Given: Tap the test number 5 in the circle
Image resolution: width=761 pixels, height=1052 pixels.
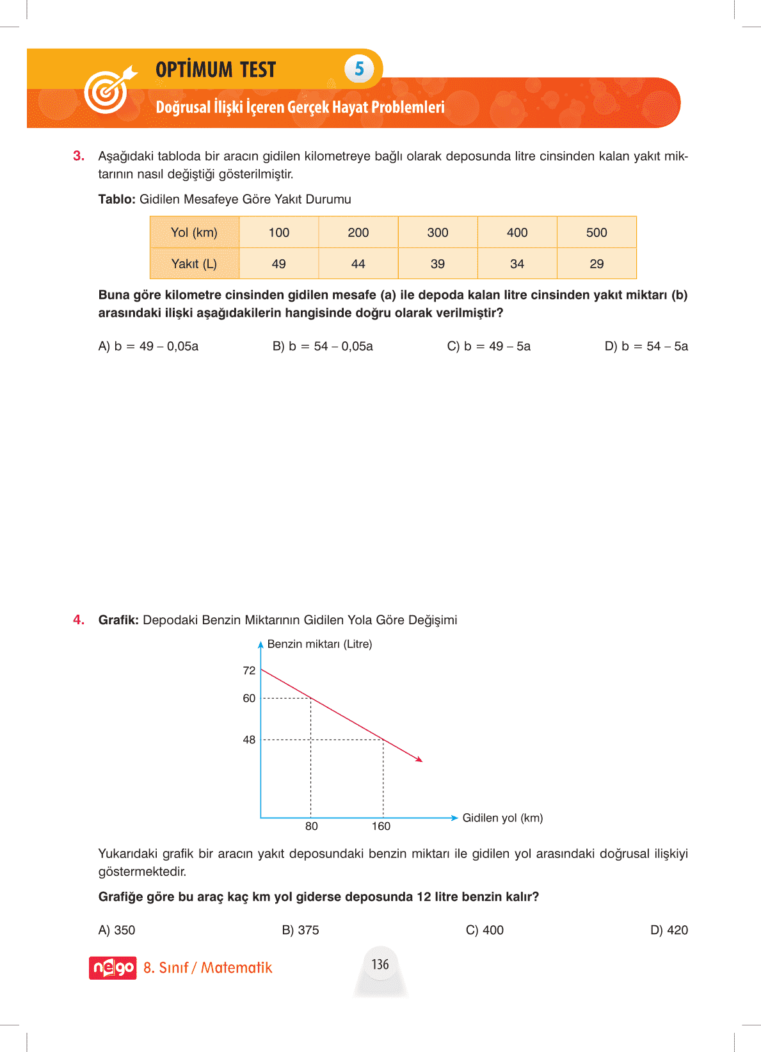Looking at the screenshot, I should (x=359, y=69).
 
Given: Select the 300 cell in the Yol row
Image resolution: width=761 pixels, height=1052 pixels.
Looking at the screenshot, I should (x=438, y=232).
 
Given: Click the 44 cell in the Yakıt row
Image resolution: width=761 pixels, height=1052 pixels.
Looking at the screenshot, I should (x=358, y=264).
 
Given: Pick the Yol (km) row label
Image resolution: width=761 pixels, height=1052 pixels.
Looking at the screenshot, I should (x=194, y=232).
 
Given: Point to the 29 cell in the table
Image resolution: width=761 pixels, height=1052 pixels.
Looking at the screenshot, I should (x=597, y=264).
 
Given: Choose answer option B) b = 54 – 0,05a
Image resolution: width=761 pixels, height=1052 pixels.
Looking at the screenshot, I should (x=323, y=346).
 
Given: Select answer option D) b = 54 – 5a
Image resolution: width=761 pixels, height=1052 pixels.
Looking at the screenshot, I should (x=646, y=346).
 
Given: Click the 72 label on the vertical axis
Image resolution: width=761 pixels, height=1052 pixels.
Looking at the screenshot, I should (x=249, y=670).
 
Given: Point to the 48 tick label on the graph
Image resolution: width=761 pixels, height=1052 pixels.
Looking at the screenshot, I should (x=249, y=740).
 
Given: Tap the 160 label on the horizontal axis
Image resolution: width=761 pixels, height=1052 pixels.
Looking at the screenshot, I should (x=381, y=826).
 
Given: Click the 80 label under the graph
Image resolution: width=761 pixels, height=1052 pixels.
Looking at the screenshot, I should (x=312, y=826).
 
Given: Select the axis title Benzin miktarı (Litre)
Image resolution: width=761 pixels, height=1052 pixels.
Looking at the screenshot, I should (x=319, y=644).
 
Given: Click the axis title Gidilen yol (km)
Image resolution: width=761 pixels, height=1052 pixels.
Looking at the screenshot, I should (x=502, y=818).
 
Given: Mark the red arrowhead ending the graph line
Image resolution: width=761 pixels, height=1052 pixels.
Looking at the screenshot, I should (x=420, y=760).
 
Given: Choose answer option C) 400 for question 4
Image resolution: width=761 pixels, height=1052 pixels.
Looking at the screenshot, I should (x=485, y=930).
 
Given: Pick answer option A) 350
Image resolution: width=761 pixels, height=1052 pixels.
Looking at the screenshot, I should (x=116, y=930).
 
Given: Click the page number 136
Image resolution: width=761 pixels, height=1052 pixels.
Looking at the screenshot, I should (x=380, y=964).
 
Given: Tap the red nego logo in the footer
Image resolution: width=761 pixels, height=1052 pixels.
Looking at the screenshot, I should (x=113, y=967).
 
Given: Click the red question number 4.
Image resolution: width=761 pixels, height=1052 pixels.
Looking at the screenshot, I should (x=79, y=620).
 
